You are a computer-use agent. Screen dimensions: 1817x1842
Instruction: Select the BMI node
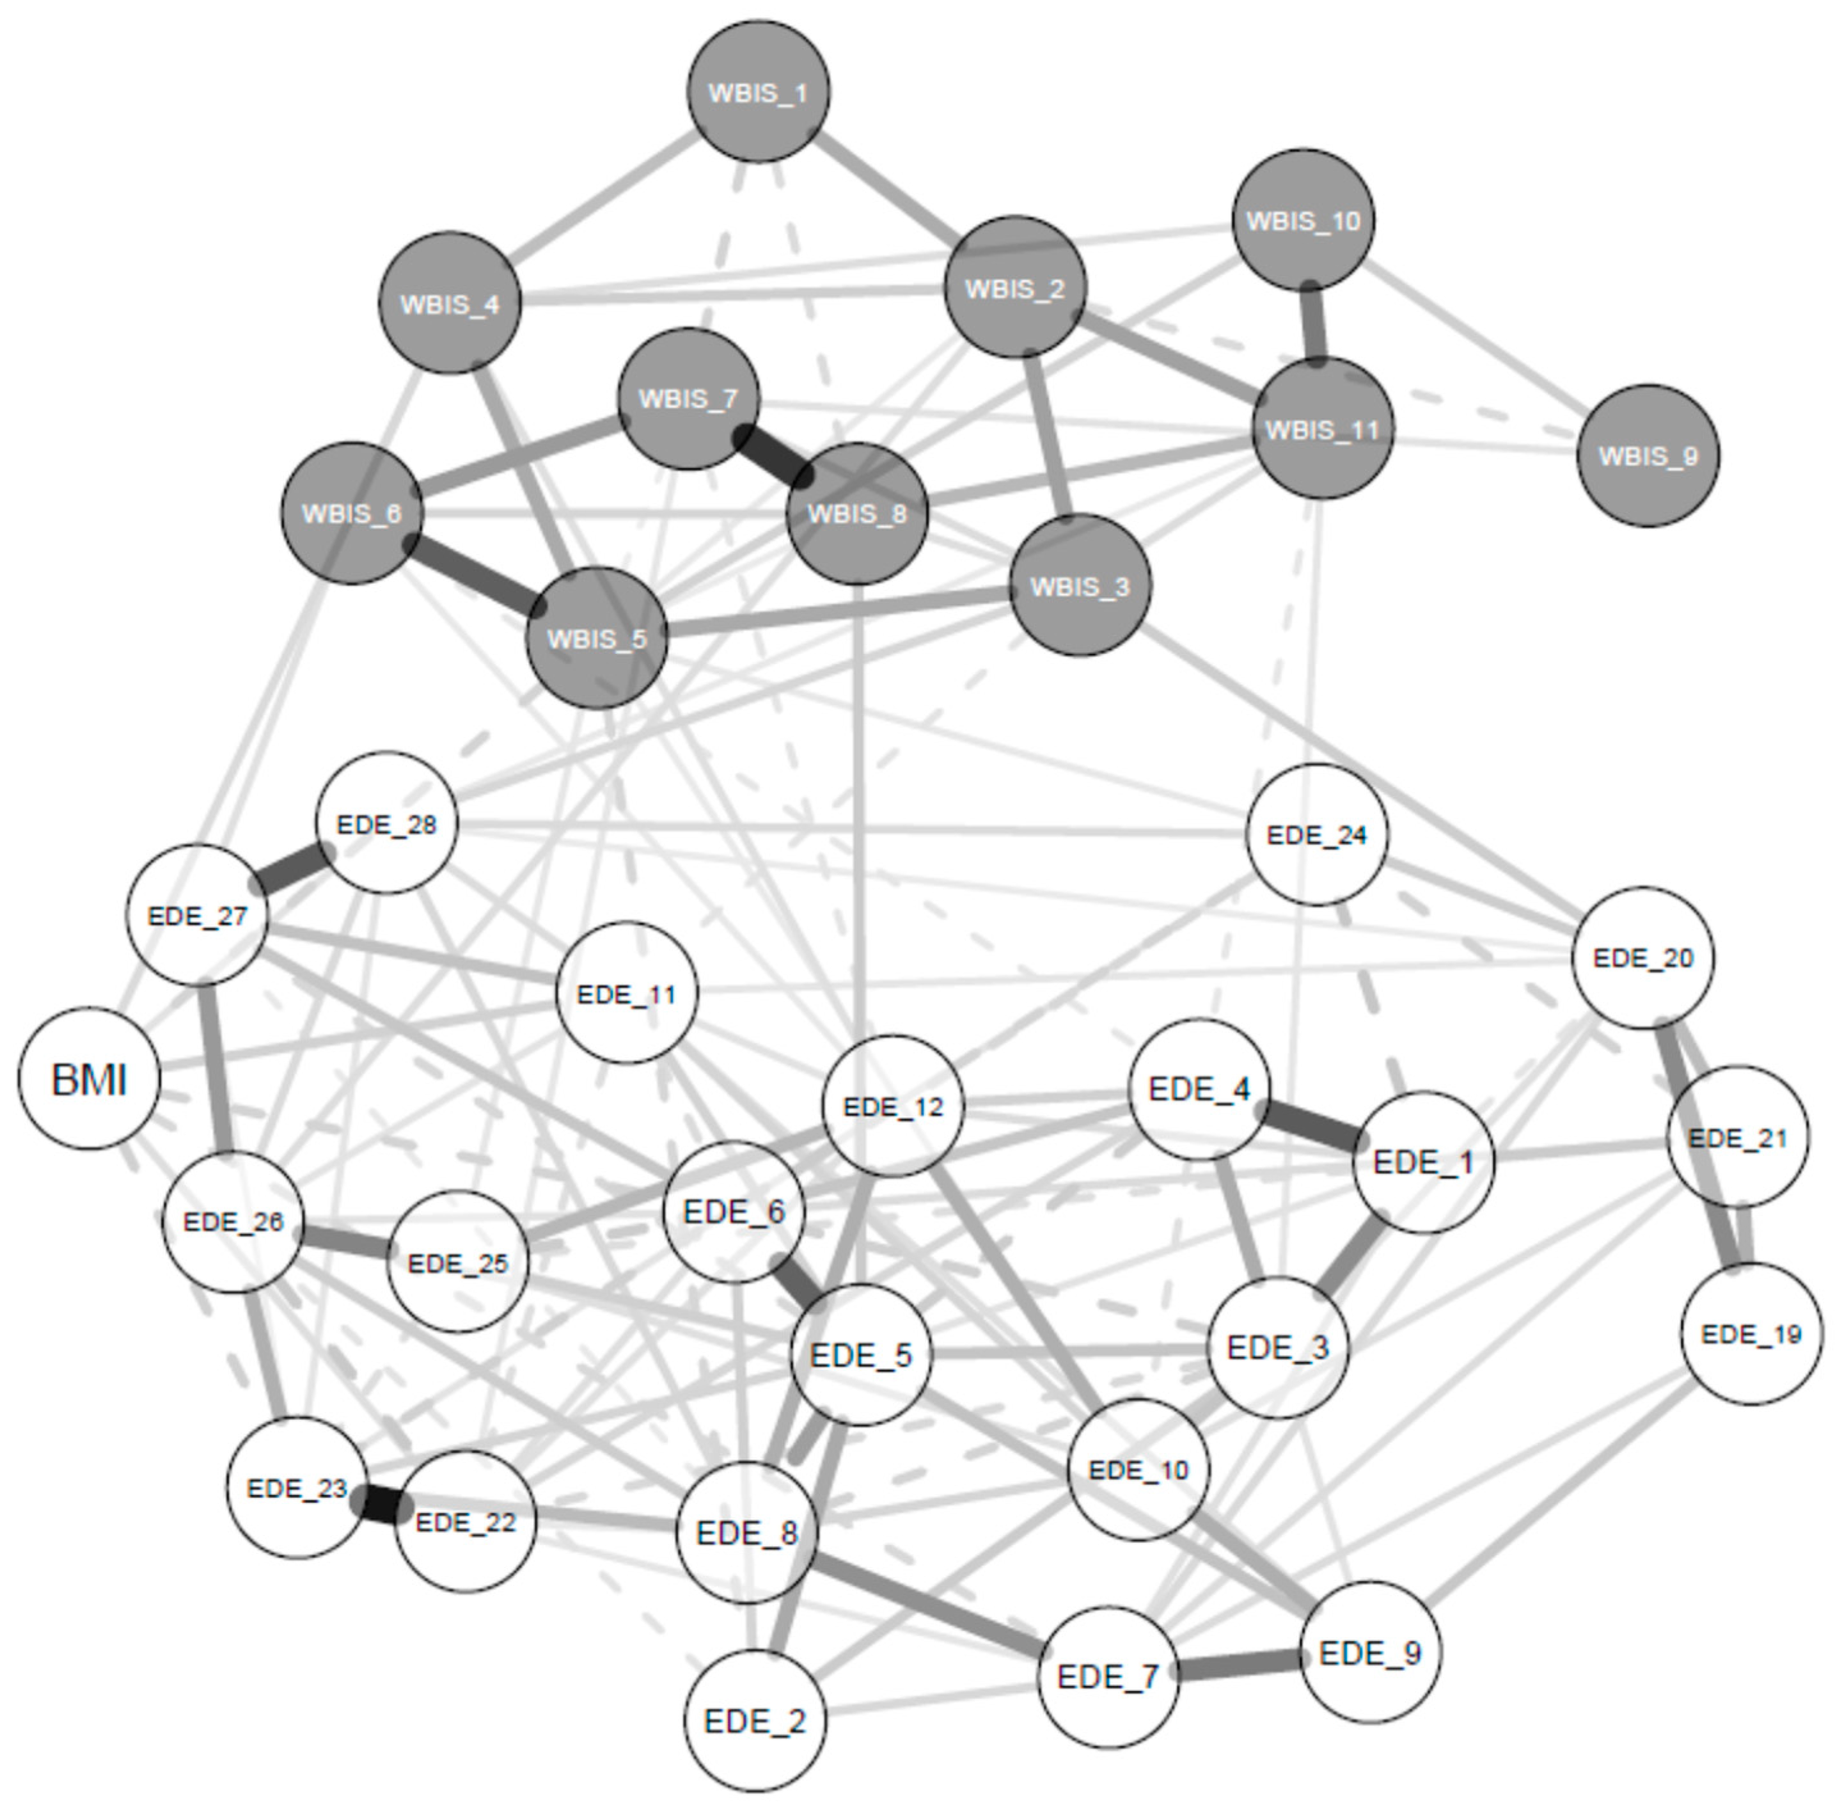(89, 1079)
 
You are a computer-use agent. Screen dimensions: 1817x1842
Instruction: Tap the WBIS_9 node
(1648, 456)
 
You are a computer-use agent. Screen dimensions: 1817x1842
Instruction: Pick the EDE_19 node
(1751, 1333)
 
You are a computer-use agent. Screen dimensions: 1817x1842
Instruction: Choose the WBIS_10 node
(1303, 220)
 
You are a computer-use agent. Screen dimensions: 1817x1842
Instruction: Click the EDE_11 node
(626, 994)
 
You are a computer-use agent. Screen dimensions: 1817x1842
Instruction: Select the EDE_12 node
(892, 1106)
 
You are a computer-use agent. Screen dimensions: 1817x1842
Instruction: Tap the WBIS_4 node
(449, 303)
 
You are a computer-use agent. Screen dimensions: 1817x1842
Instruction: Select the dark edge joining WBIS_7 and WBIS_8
(772, 456)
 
